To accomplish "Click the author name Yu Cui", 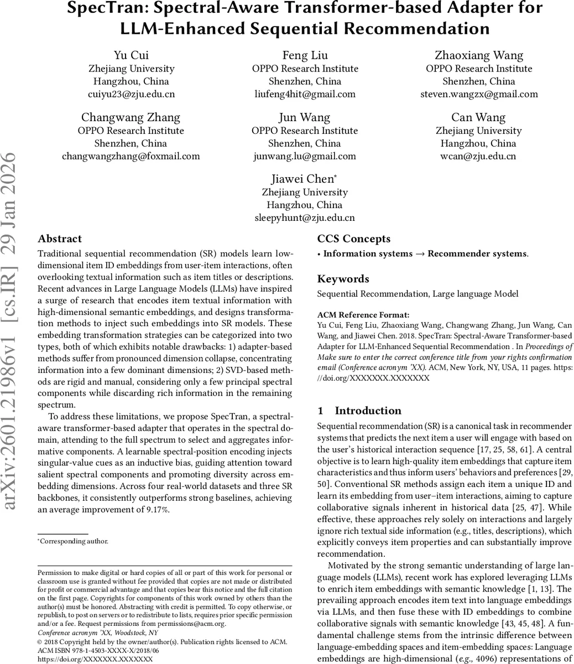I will (131, 55).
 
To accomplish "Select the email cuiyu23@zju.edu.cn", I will (131, 94).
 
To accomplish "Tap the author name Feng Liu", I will (305, 55).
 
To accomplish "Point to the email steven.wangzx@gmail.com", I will (479, 94).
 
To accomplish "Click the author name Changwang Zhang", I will (131, 117).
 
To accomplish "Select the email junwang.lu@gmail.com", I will (305, 156).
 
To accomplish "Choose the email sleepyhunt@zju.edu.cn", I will (305, 218).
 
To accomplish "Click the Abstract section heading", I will (60, 239).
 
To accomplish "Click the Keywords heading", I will (343, 279).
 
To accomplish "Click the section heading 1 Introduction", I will (359, 411).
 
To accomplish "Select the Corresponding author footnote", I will (74, 542).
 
